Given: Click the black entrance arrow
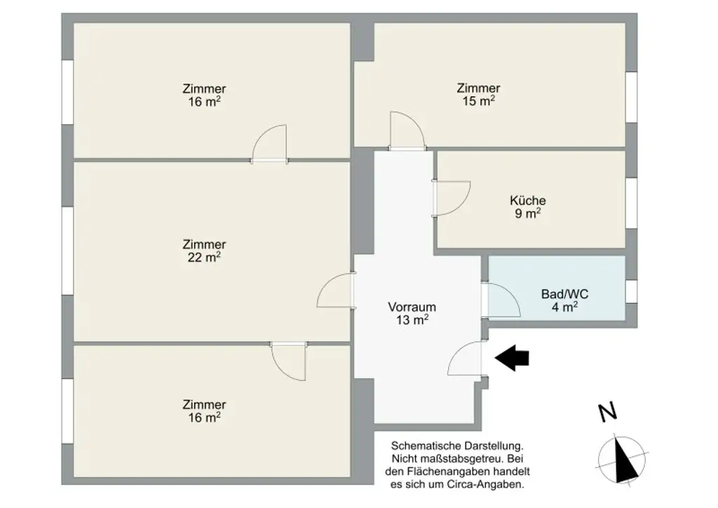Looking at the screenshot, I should pos(512,358).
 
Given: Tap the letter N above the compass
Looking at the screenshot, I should pos(608,413).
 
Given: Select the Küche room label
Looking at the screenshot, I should pos(528,201).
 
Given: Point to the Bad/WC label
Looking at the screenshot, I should pos(564,294).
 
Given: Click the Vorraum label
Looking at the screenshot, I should pos(412,307).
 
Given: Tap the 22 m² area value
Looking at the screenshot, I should pos(204,258).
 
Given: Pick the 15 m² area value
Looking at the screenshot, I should pos(478,101).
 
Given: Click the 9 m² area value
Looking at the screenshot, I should pos(528,214).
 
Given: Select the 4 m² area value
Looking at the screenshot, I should pos(564,307).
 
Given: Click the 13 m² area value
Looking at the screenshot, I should pos(412,320).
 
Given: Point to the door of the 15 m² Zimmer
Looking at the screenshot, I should pos(407,131).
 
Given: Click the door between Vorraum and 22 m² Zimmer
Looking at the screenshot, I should pos(335,290).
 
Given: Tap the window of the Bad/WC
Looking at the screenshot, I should pos(631,290).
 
